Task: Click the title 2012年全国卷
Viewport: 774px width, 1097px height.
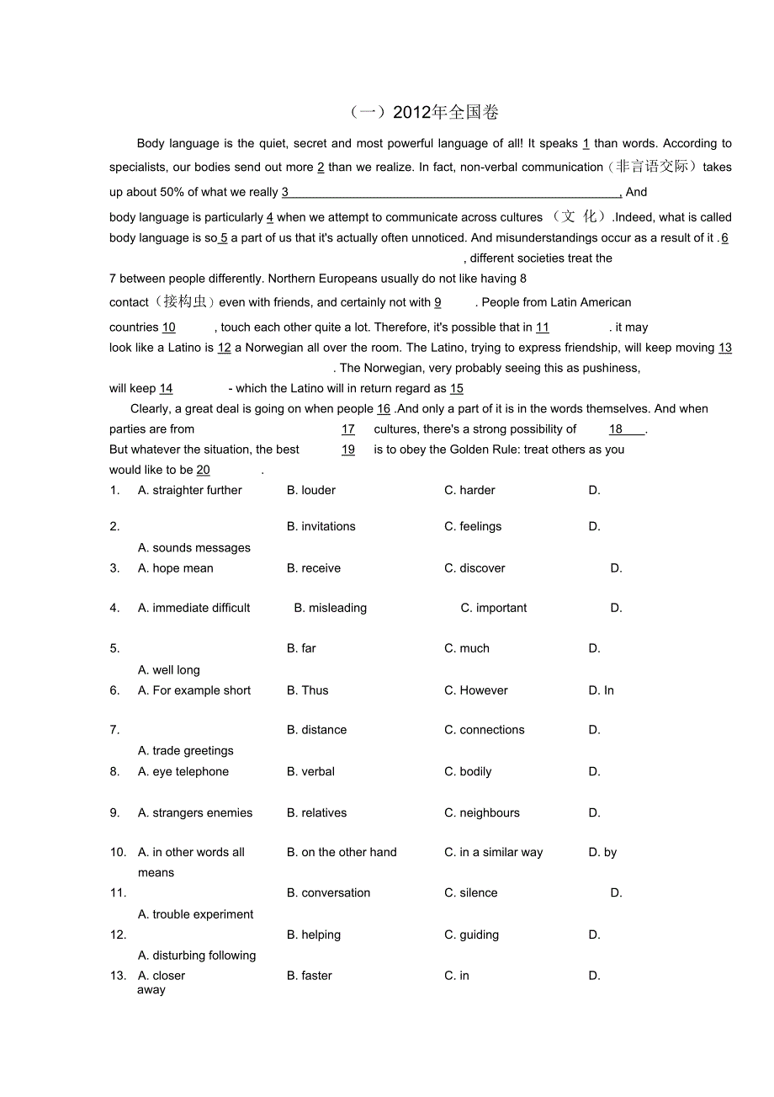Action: coord(425,112)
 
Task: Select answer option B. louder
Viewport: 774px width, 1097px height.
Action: coord(311,490)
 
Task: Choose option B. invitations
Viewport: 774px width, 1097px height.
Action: coord(321,526)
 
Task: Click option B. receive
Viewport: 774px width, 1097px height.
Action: coord(314,568)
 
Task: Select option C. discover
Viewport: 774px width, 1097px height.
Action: coord(474,568)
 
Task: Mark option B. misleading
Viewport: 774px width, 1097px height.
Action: coord(331,608)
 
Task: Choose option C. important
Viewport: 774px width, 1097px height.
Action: coord(494,608)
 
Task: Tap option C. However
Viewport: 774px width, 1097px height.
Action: coord(476,690)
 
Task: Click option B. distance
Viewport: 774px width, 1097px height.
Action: coord(316,730)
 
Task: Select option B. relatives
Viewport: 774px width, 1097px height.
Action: coord(316,812)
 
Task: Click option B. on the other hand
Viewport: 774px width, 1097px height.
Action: coord(342,852)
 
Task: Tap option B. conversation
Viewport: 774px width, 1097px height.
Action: coord(328,892)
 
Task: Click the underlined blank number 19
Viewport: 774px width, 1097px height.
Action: coord(348,450)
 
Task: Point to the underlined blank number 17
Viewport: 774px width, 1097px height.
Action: coord(348,429)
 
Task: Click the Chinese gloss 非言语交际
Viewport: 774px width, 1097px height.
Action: coord(652,167)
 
